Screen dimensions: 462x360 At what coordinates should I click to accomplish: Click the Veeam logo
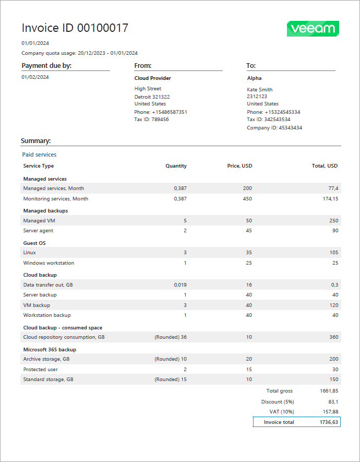point(313,29)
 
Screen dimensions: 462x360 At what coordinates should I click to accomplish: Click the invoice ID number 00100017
point(103,28)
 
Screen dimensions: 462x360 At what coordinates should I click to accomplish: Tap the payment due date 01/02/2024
point(35,77)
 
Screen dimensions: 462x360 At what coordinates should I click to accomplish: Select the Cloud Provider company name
point(152,78)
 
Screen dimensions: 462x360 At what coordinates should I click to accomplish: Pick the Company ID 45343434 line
point(274,128)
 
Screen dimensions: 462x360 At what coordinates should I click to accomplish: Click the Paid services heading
point(39,155)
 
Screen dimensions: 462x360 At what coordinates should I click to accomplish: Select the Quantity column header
point(176,166)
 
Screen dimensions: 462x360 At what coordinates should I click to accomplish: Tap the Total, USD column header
point(325,166)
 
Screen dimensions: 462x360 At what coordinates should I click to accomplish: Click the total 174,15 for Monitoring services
point(330,199)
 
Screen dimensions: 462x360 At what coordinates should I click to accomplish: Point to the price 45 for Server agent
point(248,231)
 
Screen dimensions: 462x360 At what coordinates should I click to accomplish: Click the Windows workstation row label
point(49,263)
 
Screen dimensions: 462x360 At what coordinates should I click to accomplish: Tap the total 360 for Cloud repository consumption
point(333,337)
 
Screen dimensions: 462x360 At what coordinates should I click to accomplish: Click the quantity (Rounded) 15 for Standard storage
point(171,380)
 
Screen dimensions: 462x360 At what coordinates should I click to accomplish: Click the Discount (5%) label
point(277,401)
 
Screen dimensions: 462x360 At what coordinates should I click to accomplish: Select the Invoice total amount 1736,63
point(329,422)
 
